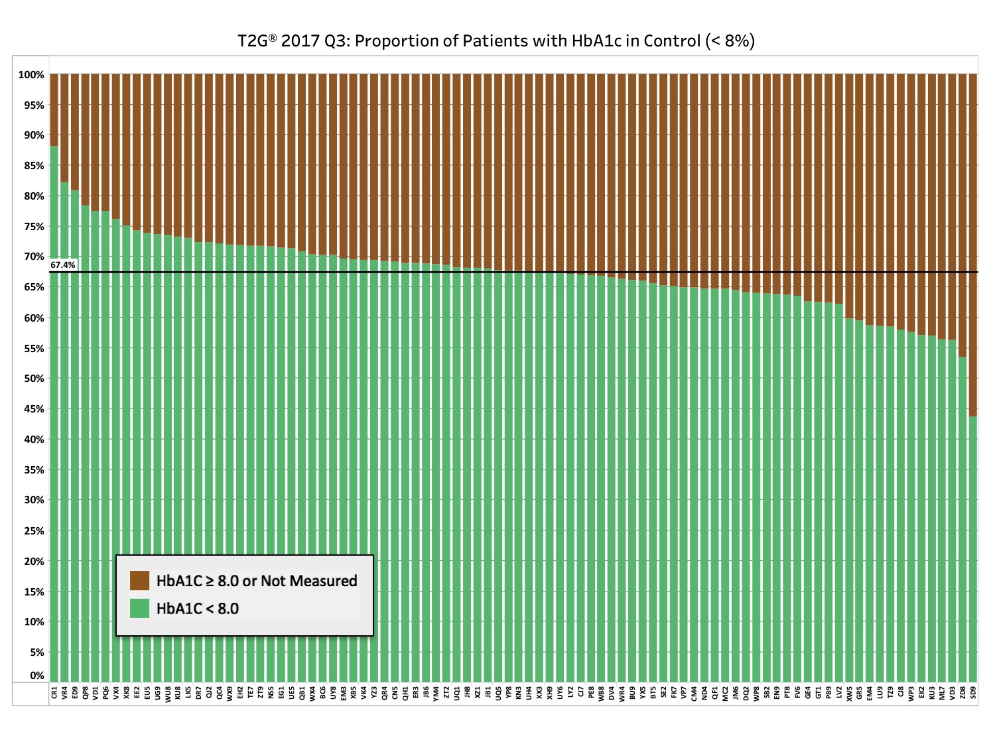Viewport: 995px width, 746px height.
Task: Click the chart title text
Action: pyautogui.click(x=496, y=41)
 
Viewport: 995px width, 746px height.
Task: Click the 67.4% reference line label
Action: pyautogui.click(x=63, y=265)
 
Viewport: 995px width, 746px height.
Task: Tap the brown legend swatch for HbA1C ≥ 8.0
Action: pyautogui.click(x=139, y=581)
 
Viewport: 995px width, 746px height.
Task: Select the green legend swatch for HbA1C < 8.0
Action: pyautogui.click(x=139, y=608)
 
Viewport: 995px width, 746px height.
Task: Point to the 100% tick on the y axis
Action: pyautogui.click(x=31, y=75)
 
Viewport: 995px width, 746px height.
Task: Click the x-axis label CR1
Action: pyautogui.click(x=54, y=694)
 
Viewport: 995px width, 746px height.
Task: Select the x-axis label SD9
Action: pyautogui.click(x=973, y=694)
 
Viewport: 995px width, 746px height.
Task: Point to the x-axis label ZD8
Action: pyautogui.click(x=963, y=694)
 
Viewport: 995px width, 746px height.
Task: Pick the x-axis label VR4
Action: pyautogui.click(x=64, y=694)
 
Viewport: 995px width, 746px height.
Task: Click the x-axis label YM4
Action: pyautogui.click(x=436, y=694)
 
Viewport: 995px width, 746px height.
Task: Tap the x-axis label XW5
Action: pyautogui.click(x=849, y=694)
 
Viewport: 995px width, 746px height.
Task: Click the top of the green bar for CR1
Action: pyautogui.click(x=54, y=147)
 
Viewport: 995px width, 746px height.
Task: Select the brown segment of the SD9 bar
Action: pyautogui.click(x=973, y=245)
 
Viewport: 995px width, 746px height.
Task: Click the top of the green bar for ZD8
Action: pyautogui.click(x=963, y=358)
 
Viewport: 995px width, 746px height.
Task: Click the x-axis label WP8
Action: pyautogui.click(x=756, y=694)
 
